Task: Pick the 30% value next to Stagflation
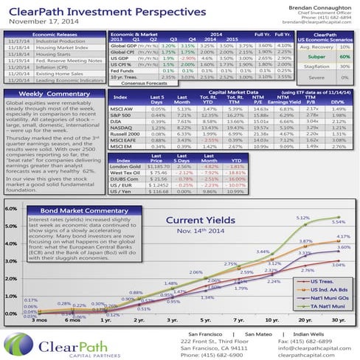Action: click(x=344, y=66)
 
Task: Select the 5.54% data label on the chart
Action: click(x=339, y=221)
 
